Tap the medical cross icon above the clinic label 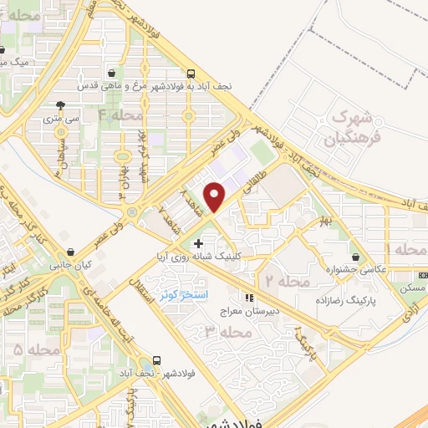(x=197, y=243)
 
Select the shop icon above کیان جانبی (x=73, y=252)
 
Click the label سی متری (x=63, y=120)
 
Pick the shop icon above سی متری (x=61, y=105)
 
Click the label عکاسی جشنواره (x=355, y=270)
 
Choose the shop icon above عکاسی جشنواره (x=357, y=256)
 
